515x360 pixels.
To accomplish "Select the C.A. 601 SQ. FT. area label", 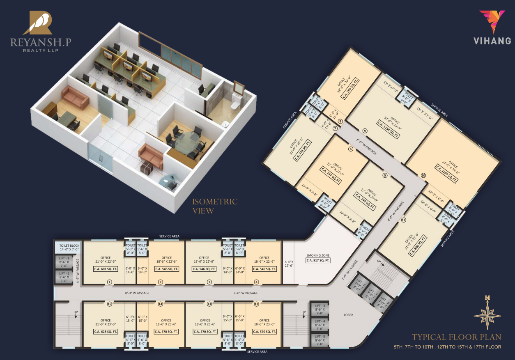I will pos(103,269).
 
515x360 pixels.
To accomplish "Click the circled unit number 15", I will pos(109,304).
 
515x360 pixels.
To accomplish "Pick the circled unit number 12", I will pos(256,304).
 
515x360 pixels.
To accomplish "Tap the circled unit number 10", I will pos(423,175).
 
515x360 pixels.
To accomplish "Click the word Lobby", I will pos(349,315).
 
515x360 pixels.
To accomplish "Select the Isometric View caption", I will pos(215,206).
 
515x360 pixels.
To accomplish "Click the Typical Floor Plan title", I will pos(456,337).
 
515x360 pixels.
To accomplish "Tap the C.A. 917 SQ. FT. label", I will pos(319,260).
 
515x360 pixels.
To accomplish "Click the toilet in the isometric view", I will pos(234,103).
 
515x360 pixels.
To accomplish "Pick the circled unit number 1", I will pos(109,282).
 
